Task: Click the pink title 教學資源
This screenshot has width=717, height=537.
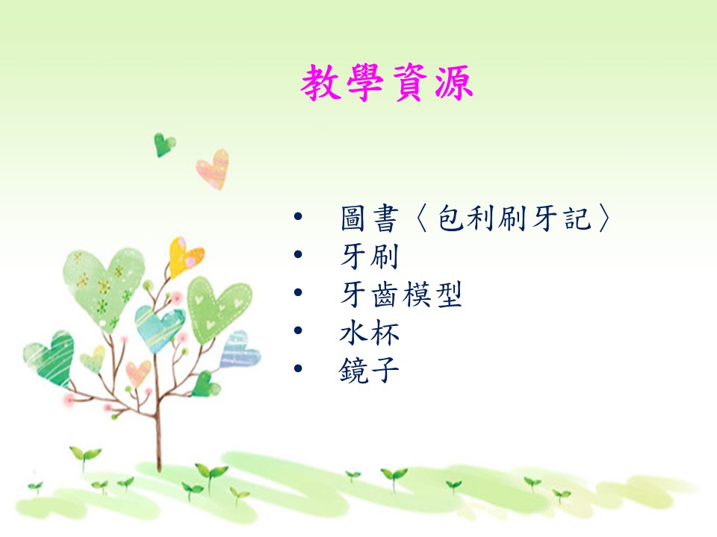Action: click(387, 83)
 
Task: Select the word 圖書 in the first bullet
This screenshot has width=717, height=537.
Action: click(370, 219)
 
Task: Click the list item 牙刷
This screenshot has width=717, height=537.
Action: click(370, 256)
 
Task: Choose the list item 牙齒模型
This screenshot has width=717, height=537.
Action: click(401, 294)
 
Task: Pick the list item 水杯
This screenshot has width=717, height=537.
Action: click(370, 332)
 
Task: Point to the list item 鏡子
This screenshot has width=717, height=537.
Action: click(369, 370)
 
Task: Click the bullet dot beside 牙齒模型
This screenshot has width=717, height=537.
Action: click(298, 292)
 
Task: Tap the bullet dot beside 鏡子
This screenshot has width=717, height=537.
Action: click(298, 368)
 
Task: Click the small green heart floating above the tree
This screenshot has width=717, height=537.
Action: click(164, 144)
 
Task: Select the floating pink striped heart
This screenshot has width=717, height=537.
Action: click(214, 169)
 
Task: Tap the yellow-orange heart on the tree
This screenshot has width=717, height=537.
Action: click(184, 257)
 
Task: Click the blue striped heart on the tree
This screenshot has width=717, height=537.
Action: click(239, 351)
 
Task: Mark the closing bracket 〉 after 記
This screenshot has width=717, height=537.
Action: click(603, 219)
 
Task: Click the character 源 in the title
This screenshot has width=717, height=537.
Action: click(453, 83)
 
